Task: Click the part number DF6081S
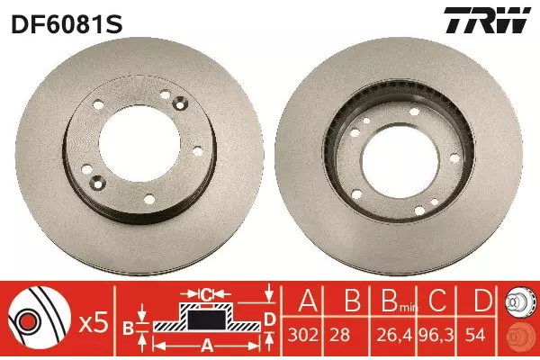click(67, 24)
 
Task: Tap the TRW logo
click(487, 20)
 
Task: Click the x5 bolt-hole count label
click(94, 323)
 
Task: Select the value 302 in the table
click(303, 335)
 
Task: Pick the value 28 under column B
click(339, 335)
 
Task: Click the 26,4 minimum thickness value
click(394, 335)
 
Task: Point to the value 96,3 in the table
click(436, 335)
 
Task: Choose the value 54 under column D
click(475, 335)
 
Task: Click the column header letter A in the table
click(308, 300)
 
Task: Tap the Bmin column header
click(399, 301)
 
